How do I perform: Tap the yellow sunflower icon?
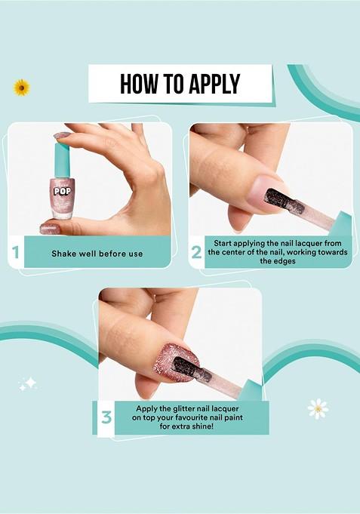click(21, 88)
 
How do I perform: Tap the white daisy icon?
click(318, 408)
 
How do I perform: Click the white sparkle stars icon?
click(28, 384)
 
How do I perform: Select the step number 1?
click(15, 253)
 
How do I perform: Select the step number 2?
click(196, 253)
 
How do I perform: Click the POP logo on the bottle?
click(63, 191)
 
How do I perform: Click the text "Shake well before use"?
click(97, 254)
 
